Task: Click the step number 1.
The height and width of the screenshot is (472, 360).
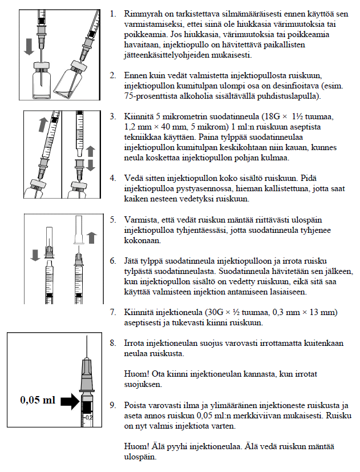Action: pos(112,12)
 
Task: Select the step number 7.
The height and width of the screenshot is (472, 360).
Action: pos(112,313)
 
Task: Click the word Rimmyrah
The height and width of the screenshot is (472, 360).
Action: pos(143,12)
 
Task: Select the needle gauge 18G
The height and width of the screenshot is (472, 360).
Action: pos(283,116)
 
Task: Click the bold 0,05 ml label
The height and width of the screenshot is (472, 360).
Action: pos(38,400)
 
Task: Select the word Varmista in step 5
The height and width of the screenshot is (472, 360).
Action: pos(141,219)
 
